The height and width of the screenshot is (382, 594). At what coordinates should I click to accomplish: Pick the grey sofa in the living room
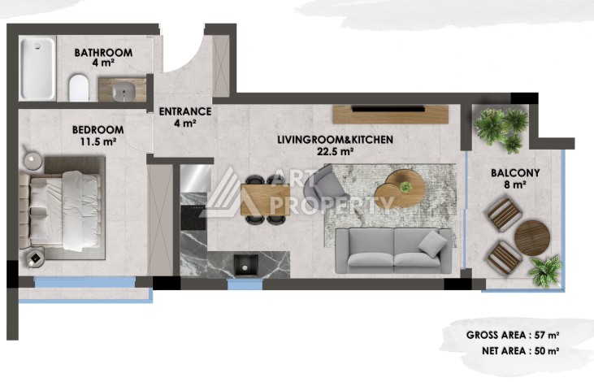(394, 250)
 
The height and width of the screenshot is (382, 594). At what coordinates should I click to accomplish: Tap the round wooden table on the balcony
(532, 237)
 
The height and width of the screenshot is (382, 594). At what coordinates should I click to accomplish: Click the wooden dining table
(265, 197)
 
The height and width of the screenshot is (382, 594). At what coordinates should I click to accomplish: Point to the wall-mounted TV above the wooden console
(390, 107)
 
